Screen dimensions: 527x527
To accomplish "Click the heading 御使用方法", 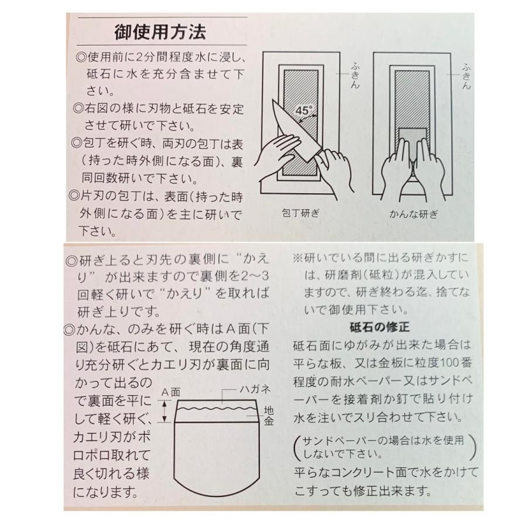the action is (x=160, y=33).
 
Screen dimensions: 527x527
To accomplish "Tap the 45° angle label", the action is (x=304, y=110).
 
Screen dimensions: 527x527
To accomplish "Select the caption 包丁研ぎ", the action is (x=300, y=213).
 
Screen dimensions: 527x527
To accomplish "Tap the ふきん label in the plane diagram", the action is (x=466, y=76).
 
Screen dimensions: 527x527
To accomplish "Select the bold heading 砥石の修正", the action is (x=379, y=327).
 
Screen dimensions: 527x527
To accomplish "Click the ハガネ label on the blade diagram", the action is (x=255, y=389).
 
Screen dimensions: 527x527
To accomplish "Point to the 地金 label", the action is (x=269, y=416).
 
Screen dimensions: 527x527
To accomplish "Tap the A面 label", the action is (x=171, y=392).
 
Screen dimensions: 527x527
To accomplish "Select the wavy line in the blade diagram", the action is (x=216, y=409).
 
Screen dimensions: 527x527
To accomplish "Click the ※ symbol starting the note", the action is (x=297, y=258).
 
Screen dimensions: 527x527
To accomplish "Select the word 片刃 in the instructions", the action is (x=92, y=196).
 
